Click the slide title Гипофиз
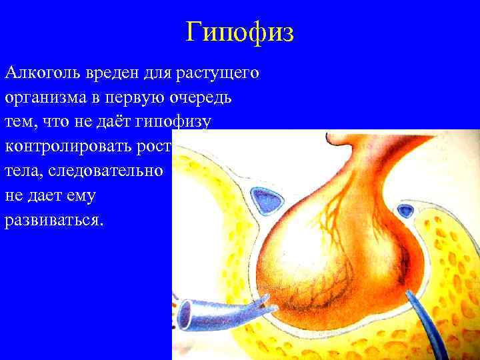[x=239, y=31]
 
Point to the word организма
[x=44, y=97]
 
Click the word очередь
[x=203, y=97]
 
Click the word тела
[x=23, y=171]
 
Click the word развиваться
[x=54, y=220]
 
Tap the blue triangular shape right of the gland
[x=405, y=212]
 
